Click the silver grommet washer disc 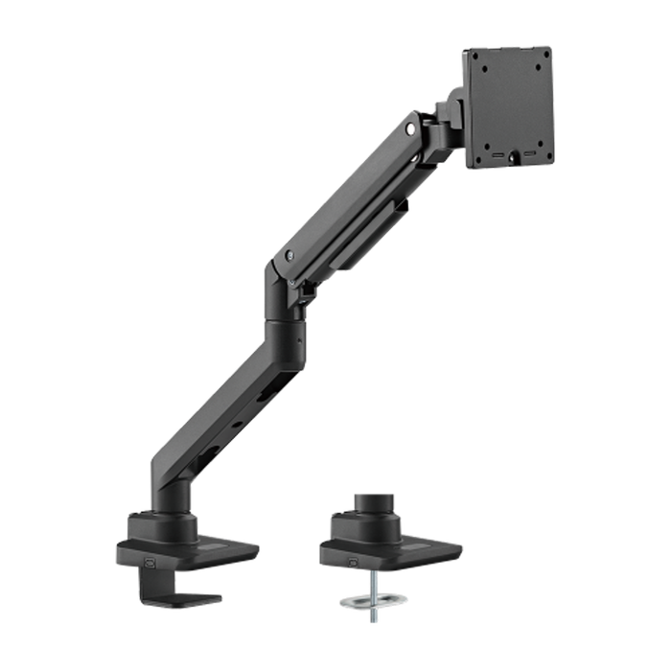point(373,600)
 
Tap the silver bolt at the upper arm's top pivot point(411,126)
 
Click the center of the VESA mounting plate point(509,106)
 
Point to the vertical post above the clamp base point(174,498)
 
